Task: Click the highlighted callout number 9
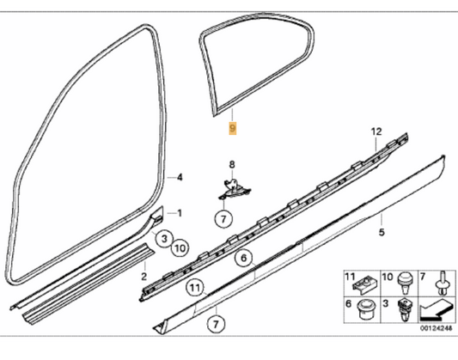(x=230, y=128)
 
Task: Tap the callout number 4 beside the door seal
(x=180, y=177)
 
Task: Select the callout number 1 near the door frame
(x=180, y=212)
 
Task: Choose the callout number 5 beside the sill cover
(x=382, y=231)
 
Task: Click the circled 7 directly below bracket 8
(x=222, y=220)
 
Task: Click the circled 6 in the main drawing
(x=243, y=257)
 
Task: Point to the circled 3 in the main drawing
(x=162, y=234)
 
